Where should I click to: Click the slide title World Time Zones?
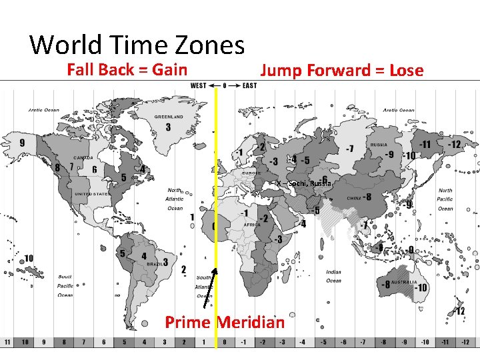[x=137, y=45]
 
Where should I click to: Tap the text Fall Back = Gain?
[x=127, y=69]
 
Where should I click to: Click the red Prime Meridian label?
[x=225, y=323]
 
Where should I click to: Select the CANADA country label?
[x=83, y=158]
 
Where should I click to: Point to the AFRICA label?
[x=251, y=225]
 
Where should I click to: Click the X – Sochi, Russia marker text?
[x=304, y=183]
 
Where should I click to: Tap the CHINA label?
[x=354, y=198]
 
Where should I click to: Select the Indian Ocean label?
[x=334, y=276]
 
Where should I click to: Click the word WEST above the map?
[x=199, y=85]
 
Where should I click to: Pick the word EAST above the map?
[x=250, y=85]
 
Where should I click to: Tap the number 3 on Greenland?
[x=168, y=127]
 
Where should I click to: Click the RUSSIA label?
[x=379, y=145]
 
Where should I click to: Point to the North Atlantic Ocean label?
[x=175, y=199]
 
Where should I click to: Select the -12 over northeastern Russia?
[x=455, y=144]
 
